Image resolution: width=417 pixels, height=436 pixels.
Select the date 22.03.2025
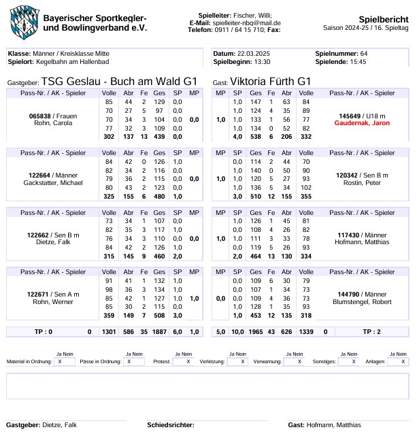click(x=254, y=53)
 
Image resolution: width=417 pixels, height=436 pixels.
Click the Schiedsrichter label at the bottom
click(x=170, y=425)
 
